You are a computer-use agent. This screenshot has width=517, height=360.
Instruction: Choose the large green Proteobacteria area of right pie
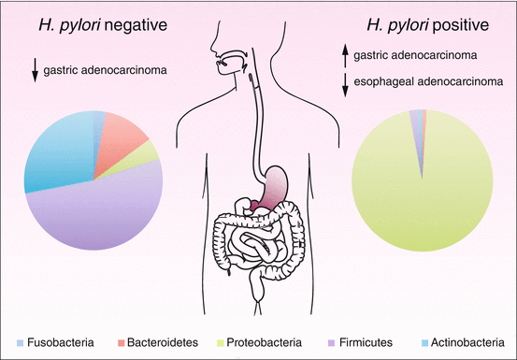click(421, 187)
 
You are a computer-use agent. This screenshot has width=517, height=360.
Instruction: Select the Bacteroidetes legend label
click(155, 339)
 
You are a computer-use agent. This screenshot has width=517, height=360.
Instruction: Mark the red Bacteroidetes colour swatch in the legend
click(115, 339)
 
